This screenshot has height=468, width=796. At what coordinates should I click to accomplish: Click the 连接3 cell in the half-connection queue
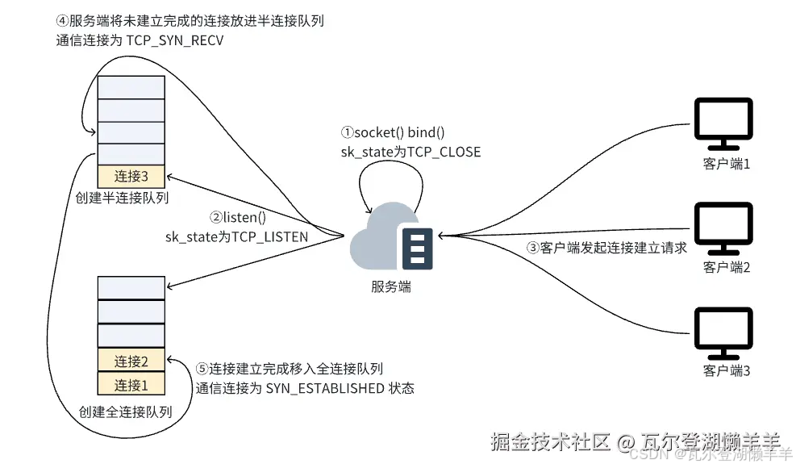(131, 176)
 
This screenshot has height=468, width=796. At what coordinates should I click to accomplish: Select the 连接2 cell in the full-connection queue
(131, 361)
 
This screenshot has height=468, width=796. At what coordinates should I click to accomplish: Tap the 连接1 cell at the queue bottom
(131, 384)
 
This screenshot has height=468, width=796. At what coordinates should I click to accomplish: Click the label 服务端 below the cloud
(391, 286)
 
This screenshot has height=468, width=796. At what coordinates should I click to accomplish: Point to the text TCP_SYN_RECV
(176, 40)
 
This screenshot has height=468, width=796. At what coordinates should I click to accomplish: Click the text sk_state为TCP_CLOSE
(411, 151)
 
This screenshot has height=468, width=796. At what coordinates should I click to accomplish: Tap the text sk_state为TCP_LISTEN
(236, 236)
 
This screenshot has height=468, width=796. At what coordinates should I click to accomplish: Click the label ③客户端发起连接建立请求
(607, 248)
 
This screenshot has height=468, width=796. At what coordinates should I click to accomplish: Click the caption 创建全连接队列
(126, 412)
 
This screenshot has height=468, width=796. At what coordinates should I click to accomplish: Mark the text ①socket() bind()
(393, 133)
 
